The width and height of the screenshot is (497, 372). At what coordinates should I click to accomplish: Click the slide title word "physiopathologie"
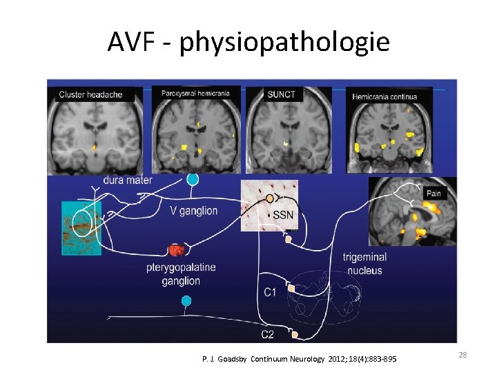click(284, 43)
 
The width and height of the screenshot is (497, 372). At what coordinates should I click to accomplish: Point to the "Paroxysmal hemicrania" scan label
click(197, 94)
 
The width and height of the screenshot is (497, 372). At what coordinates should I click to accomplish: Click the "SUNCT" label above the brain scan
click(281, 94)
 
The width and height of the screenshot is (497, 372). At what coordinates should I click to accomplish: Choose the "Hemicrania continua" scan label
click(384, 96)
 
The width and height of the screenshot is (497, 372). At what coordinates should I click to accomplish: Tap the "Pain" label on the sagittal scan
click(433, 194)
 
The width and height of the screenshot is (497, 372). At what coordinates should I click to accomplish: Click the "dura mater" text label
click(128, 180)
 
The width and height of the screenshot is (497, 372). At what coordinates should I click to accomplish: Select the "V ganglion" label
click(193, 211)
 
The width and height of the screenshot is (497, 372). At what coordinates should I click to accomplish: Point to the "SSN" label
click(283, 215)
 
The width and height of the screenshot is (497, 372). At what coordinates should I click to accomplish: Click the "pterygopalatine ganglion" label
click(181, 273)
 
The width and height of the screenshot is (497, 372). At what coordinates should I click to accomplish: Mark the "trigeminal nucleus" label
click(364, 264)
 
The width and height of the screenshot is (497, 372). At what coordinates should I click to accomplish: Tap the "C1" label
click(271, 292)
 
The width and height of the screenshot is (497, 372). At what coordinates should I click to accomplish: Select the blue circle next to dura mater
click(193, 179)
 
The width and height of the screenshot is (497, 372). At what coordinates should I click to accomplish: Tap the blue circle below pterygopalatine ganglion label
click(186, 300)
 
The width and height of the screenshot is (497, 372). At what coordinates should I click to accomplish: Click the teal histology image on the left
click(81, 228)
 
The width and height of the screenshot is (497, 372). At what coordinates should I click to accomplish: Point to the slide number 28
click(462, 354)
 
